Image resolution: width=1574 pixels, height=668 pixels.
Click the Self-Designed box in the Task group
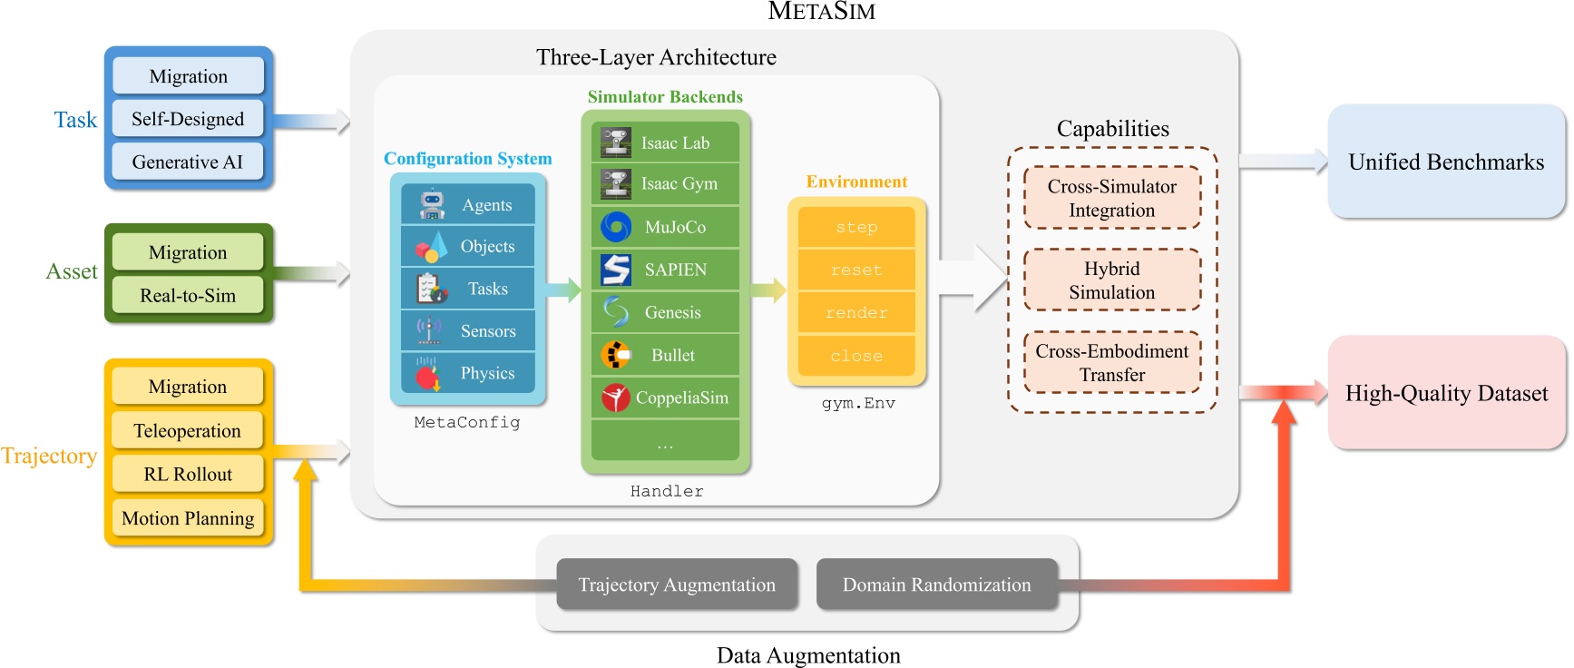pyautogui.click(x=188, y=119)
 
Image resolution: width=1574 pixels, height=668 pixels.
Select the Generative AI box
pyautogui.click(x=188, y=162)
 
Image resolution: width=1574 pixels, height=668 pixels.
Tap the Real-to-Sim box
pyautogui.click(x=188, y=295)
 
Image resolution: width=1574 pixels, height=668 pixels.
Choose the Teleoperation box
pyautogui.click(x=188, y=430)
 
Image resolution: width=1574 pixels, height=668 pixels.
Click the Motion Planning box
pyautogui.click(x=188, y=518)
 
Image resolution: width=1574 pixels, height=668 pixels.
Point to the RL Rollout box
pyautogui.click(x=188, y=474)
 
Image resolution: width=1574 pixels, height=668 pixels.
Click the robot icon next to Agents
pyautogui.click(x=432, y=205)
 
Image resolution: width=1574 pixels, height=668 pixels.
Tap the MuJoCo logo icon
pyautogui.click(x=616, y=227)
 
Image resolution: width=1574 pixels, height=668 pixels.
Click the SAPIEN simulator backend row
pyautogui.click(x=665, y=270)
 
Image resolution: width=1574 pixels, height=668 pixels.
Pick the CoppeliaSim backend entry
pyautogui.click(x=665, y=398)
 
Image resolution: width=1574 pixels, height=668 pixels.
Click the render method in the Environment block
pyautogui.click(x=856, y=313)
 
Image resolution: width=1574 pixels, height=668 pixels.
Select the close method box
pyautogui.click(x=856, y=356)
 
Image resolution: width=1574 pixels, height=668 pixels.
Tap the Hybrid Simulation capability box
pyautogui.click(x=1111, y=280)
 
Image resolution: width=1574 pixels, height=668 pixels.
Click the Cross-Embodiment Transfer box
pyautogui.click(x=1111, y=363)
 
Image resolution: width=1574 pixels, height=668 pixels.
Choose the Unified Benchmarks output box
pyautogui.click(x=1446, y=162)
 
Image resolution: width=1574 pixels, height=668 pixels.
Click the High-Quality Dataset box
pyautogui.click(x=1446, y=393)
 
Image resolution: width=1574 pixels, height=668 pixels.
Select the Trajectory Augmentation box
pyautogui.click(x=677, y=584)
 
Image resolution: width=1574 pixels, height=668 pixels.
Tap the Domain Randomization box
pyautogui.click(x=936, y=584)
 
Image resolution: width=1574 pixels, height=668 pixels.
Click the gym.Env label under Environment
pyautogui.click(x=858, y=403)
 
